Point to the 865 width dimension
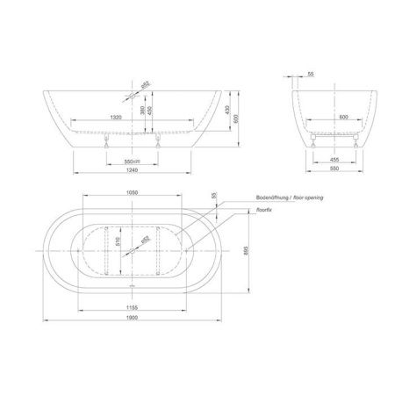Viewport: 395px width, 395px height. click(x=248, y=250)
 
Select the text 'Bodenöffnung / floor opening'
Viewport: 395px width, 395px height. click(x=289, y=198)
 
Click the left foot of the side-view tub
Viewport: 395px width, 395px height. click(x=104, y=141)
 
